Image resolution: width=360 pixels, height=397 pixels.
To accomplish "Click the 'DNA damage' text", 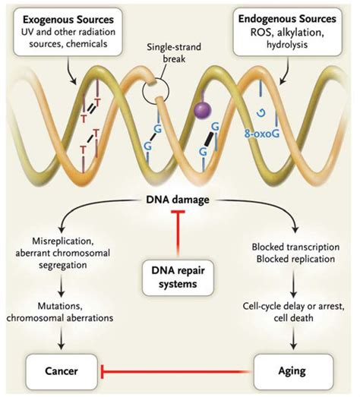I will pyautogui.click(x=179, y=199).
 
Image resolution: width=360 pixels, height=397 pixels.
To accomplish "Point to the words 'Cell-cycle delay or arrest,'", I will pyautogui.click(x=292, y=306).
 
